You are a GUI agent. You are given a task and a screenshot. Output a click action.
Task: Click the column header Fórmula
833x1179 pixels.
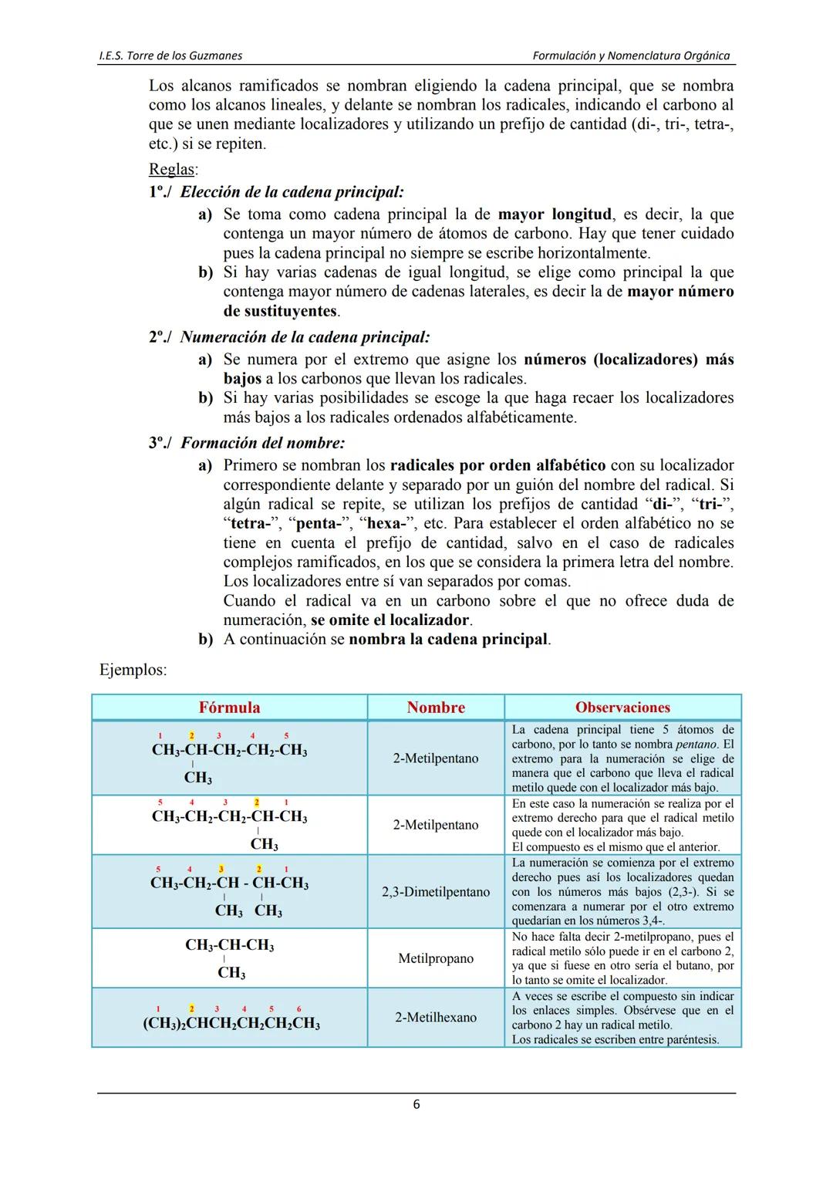pyautogui.click(x=229, y=708)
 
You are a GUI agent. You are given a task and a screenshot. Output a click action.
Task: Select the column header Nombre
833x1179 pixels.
pyautogui.click(x=436, y=708)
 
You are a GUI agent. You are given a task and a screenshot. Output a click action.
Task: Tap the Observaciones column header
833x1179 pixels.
pyautogui.click(x=622, y=708)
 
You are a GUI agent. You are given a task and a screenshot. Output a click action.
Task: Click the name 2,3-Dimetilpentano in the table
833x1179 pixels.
pyautogui.click(x=436, y=892)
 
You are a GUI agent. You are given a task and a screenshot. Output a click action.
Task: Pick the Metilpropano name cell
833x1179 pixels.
pyautogui.click(x=436, y=958)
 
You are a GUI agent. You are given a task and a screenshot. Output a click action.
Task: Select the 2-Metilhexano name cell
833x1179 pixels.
pyautogui.click(x=436, y=1017)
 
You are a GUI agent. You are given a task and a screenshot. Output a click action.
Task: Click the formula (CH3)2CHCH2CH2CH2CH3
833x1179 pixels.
pyautogui.click(x=231, y=1024)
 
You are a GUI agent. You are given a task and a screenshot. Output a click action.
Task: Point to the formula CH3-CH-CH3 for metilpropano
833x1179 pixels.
pyautogui.click(x=229, y=946)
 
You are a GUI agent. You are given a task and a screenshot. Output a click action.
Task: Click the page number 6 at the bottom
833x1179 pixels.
pyautogui.click(x=416, y=1105)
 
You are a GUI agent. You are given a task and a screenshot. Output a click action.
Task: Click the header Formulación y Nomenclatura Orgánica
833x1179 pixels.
pyautogui.click(x=631, y=56)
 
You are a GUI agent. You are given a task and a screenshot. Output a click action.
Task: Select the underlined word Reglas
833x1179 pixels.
pyautogui.click(x=173, y=170)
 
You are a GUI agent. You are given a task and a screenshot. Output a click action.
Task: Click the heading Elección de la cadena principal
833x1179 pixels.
pyautogui.click(x=292, y=192)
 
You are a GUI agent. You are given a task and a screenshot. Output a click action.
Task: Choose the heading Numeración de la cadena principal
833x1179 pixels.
pyautogui.click(x=305, y=337)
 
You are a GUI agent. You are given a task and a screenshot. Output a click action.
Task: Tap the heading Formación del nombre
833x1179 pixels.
pyautogui.click(x=262, y=443)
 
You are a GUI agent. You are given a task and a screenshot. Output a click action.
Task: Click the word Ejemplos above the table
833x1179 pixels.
pyautogui.click(x=133, y=670)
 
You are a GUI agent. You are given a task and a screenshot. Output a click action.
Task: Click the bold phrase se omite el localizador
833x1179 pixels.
pyautogui.click(x=390, y=620)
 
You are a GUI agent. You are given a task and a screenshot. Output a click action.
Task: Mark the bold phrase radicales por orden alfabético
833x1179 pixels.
pyautogui.click(x=497, y=465)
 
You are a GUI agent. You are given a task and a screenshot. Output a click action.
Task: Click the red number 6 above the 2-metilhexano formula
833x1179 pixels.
pyautogui.click(x=298, y=1008)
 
